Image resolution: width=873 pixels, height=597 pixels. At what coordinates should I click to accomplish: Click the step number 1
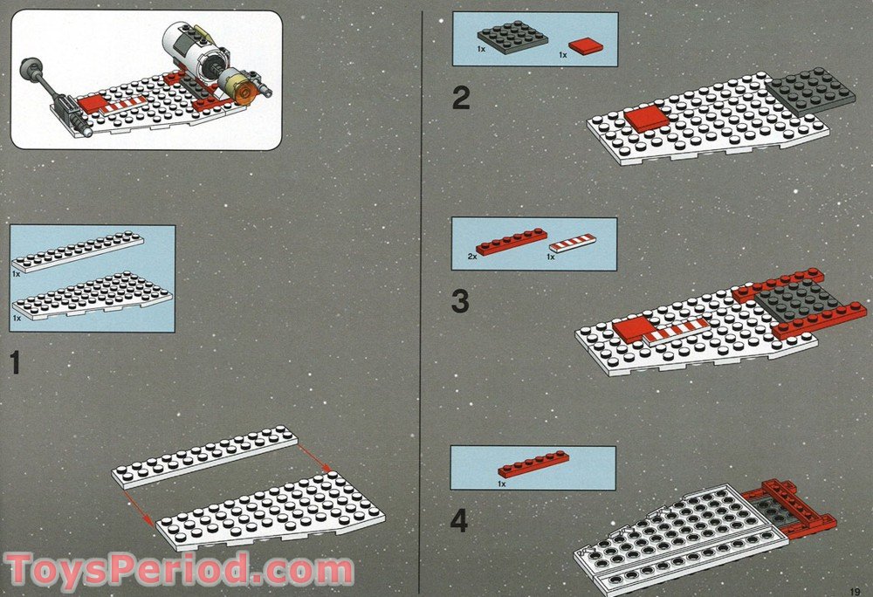pos(15,362)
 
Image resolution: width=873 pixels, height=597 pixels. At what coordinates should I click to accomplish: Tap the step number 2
pos(460,98)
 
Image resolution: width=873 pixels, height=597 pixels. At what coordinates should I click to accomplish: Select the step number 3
pos(460,302)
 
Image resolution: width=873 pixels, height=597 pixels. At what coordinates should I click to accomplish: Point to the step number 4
pos(459,521)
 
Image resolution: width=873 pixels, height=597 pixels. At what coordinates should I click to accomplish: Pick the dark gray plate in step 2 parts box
pos(512,37)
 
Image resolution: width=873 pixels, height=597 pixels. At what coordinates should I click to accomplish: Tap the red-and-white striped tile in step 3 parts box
pos(573,243)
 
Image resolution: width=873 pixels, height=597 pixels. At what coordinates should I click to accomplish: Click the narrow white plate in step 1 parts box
pos(79,252)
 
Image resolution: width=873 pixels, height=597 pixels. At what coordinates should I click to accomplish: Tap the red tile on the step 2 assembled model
pos(647,119)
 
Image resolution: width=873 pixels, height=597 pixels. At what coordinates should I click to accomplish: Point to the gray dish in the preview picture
pos(31,66)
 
